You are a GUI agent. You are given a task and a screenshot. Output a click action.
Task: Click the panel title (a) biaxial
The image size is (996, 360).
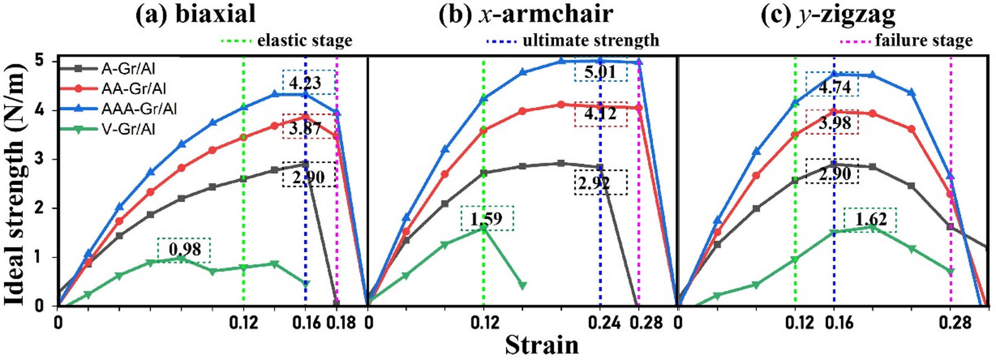(x=196, y=14)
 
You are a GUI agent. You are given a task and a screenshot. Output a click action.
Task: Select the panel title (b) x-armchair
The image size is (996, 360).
(x=526, y=14)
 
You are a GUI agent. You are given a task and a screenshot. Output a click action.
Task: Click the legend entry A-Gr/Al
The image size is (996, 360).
(x=128, y=69)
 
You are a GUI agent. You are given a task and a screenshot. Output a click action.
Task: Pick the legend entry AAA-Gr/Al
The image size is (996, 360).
(x=139, y=108)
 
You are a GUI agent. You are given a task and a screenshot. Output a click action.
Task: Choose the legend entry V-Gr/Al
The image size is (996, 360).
(x=128, y=128)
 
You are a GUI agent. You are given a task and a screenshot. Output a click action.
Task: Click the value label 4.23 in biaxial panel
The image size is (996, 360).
(x=305, y=82)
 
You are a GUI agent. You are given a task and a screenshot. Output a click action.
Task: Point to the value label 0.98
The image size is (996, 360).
(x=185, y=250)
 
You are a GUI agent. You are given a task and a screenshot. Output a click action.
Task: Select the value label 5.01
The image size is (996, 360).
(x=600, y=72)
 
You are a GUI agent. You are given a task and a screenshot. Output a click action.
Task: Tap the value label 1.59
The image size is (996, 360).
(x=487, y=219)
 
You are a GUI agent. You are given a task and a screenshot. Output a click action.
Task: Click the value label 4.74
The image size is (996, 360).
(x=835, y=86)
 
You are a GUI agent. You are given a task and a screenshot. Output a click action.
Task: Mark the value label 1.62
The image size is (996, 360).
(x=871, y=219)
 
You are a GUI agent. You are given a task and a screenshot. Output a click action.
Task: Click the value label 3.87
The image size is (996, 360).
(x=305, y=127)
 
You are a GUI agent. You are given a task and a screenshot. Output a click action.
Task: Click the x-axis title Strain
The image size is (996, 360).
(x=541, y=345)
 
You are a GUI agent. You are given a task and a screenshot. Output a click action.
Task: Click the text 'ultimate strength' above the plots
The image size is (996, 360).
(x=590, y=40)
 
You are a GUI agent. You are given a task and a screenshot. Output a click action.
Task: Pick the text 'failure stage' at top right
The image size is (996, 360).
(x=923, y=40)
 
